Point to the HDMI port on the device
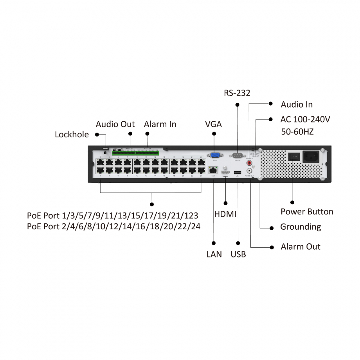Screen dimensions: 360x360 pyautogui.click(x=225, y=172)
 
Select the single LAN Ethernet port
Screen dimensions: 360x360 pyautogui.click(x=213, y=170)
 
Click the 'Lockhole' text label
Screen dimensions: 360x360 pyautogui.click(x=72, y=135)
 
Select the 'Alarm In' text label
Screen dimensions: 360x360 pyautogui.click(x=160, y=124)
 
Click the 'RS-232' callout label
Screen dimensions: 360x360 pyautogui.click(x=237, y=93)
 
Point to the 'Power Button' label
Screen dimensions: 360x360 pyautogui.click(x=307, y=212)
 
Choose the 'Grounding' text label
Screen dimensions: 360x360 pyautogui.click(x=301, y=227)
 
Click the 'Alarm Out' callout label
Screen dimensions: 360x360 pyautogui.click(x=301, y=247)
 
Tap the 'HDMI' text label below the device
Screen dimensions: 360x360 pyautogui.click(x=225, y=215)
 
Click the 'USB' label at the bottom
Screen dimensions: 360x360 pyautogui.click(x=238, y=255)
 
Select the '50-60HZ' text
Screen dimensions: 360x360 pyautogui.click(x=297, y=132)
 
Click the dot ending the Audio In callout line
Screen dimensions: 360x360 pyautogui.click(x=270, y=104)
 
